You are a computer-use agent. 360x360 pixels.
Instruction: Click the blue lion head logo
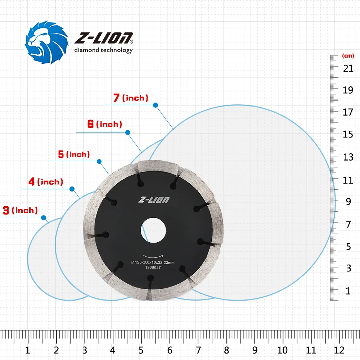(46, 42)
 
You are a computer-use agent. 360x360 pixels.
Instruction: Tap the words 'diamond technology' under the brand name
(104, 50)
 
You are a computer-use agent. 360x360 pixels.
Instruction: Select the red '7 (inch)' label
(131, 98)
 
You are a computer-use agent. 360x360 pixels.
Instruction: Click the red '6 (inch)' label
(105, 124)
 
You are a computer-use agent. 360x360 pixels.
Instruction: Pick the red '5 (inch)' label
(74, 154)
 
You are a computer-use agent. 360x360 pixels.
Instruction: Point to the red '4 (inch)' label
(46, 182)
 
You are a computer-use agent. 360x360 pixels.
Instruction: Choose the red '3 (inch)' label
(20, 210)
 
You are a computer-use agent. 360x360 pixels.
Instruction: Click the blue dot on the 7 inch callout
(156, 105)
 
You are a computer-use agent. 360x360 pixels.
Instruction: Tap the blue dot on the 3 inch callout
(44, 218)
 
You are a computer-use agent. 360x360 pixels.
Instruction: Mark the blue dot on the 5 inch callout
(99, 161)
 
